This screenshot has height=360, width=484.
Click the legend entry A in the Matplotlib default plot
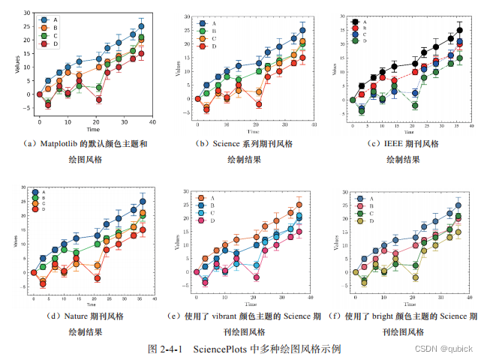(x=47, y=19)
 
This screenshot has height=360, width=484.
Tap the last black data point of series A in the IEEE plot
(x=460, y=30)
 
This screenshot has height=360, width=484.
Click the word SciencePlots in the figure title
(x=221, y=349)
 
